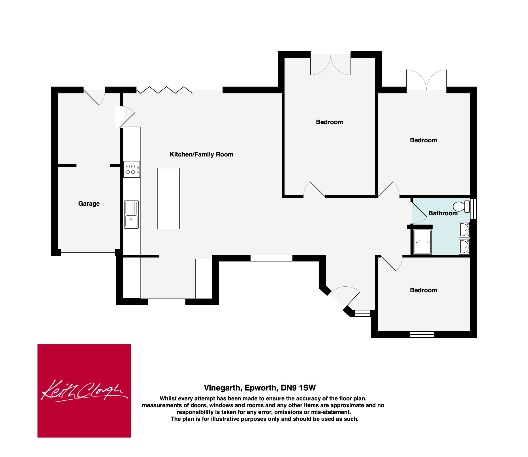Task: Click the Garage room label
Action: tap(89, 204)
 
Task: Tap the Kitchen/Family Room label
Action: tap(201, 155)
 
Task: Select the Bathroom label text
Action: tap(443, 213)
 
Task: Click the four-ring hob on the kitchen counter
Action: tap(132, 169)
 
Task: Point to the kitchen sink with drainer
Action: tap(131, 214)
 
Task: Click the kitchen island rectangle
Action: tap(168, 198)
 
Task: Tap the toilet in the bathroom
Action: tap(461, 206)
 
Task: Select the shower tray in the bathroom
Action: tap(423, 242)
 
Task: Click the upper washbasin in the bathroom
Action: tap(464, 229)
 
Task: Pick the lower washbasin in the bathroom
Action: tap(464, 247)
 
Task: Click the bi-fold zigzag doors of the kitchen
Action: tap(164, 90)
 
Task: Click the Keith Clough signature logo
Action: tap(84, 391)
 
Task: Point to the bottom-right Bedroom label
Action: tap(424, 290)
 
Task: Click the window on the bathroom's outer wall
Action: tap(473, 209)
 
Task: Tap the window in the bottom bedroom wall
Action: tap(422, 334)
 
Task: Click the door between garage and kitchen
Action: tap(125, 117)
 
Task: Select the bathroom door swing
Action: tap(419, 211)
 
